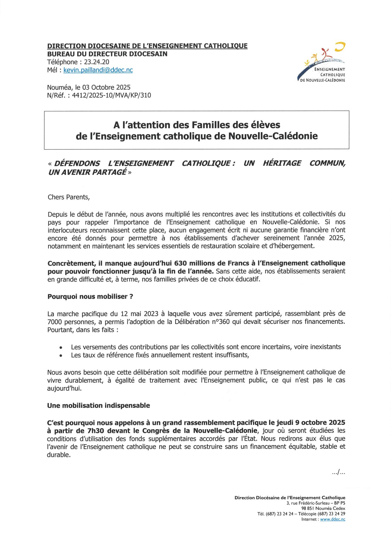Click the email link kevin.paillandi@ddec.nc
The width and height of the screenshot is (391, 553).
coord(98,70)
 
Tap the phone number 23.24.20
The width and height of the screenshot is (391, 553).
coord(97,62)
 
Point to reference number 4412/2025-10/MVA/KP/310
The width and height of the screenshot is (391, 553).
coord(112,95)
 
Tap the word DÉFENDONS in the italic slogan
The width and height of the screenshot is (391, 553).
coord(77,163)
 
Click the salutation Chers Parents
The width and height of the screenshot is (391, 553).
coord(68,197)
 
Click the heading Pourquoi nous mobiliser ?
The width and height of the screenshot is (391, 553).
coord(90,296)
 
